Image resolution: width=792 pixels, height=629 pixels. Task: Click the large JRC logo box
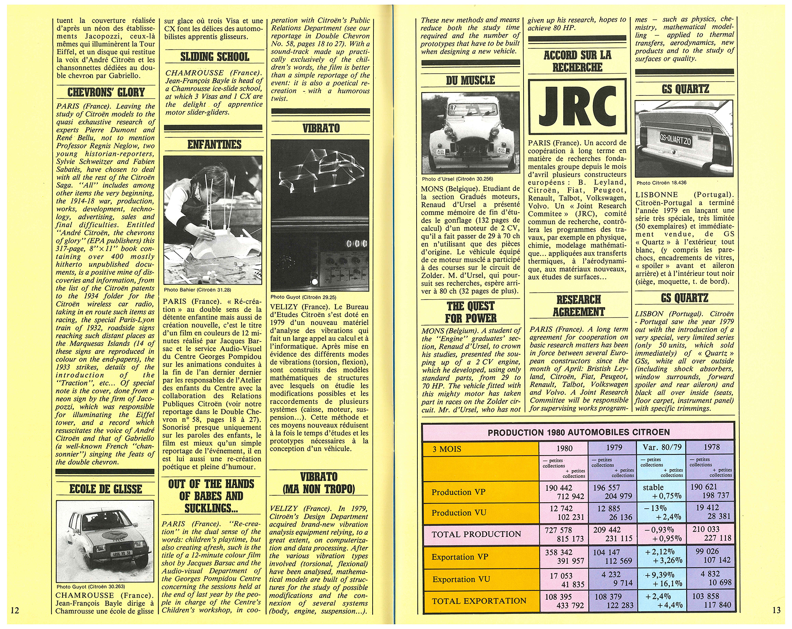(x=577, y=105)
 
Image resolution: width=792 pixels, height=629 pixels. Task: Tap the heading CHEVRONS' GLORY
(x=106, y=92)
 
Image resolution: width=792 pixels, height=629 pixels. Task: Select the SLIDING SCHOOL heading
(x=214, y=57)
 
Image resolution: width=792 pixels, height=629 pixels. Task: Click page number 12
(x=15, y=610)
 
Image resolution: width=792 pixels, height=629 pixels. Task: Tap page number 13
(x=777, y=610)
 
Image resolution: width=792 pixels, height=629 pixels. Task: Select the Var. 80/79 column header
(x=661, y=448)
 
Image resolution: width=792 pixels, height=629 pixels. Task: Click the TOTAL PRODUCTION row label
(x=476, y=534)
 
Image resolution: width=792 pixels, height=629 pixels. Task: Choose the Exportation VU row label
(x=461, y=580)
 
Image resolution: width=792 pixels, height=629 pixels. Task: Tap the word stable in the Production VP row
(x=653, y=487)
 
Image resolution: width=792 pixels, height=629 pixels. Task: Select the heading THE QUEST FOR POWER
(x=471, y=312)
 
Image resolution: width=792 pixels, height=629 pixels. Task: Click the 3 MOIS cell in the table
(x=447, y=449)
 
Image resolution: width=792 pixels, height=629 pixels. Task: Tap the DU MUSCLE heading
(x=470, y=80)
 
